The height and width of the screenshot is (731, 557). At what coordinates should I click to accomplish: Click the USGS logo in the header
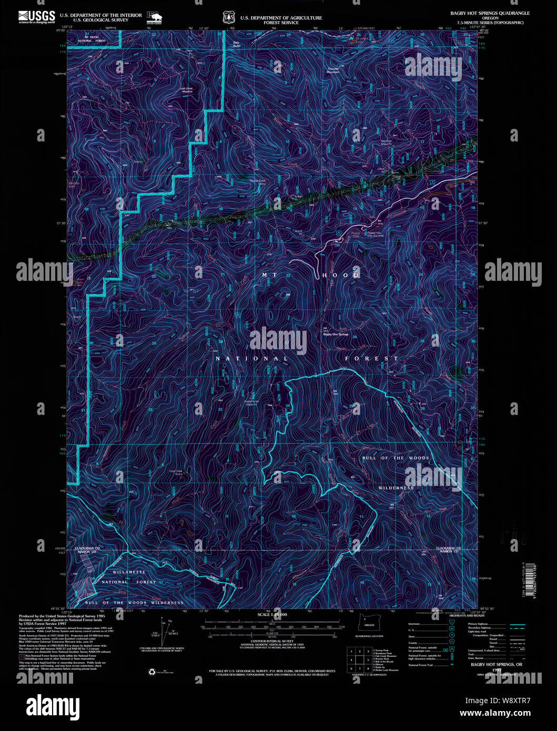click(x=36, y=17)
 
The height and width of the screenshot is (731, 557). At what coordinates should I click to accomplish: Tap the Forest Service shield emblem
click(x=228, y=18)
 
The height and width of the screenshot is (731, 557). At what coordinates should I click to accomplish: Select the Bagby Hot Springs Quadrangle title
click(x=490, y=13)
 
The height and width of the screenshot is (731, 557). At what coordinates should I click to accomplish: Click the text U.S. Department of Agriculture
click(x=281, y=18)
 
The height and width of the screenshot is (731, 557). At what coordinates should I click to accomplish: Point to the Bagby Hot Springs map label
click(x=336, y=334)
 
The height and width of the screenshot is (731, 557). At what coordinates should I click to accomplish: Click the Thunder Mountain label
click(x=333, y=70)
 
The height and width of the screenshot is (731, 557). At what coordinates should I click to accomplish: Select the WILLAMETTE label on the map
click(x=128, y=572)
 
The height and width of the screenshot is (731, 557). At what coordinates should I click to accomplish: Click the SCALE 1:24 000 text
click(x=272, y=614)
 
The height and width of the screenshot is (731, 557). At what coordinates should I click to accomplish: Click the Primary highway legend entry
click(x=479, y=624)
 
